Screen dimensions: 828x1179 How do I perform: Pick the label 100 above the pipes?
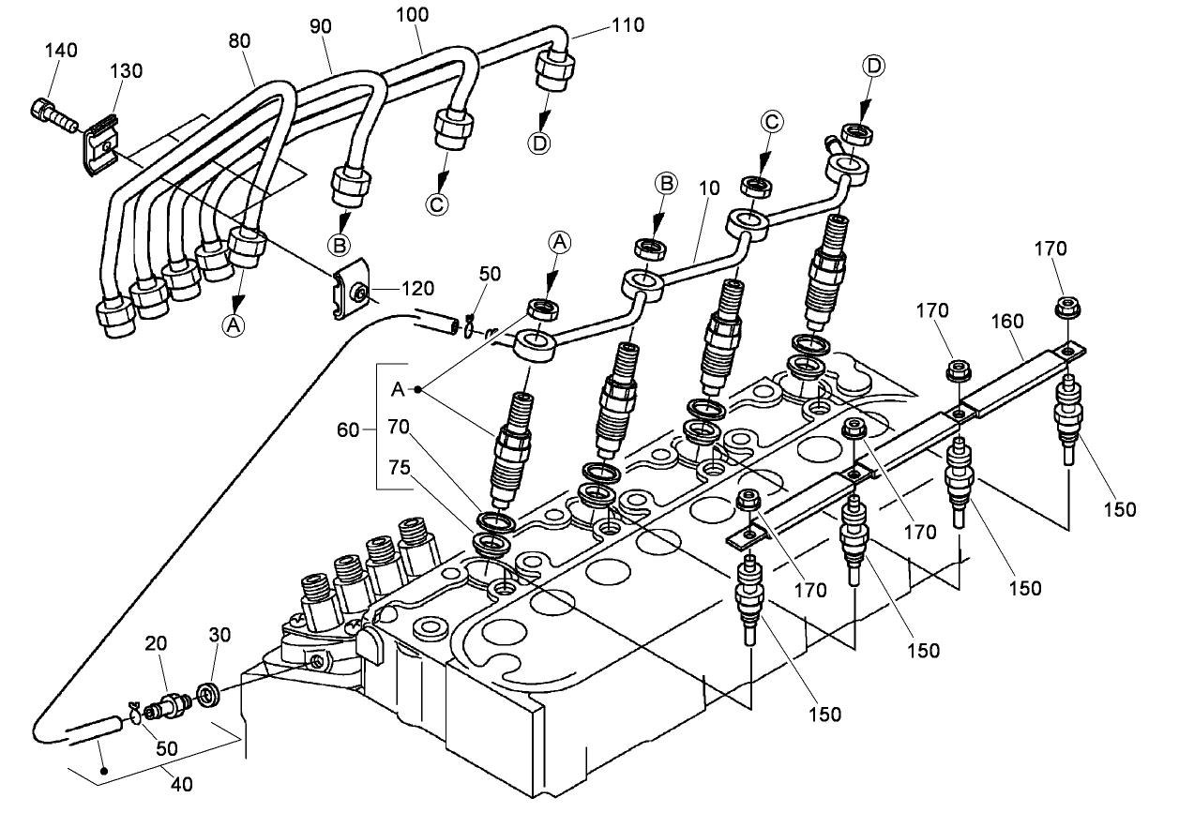tap(413, 15)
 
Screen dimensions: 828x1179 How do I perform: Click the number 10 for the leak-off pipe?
tap(708, 188)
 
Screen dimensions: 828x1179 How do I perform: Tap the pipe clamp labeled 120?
tap(352, 292)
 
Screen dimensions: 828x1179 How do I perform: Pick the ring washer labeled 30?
tap(210, 695)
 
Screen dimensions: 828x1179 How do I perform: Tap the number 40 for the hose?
tap(182, 784)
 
